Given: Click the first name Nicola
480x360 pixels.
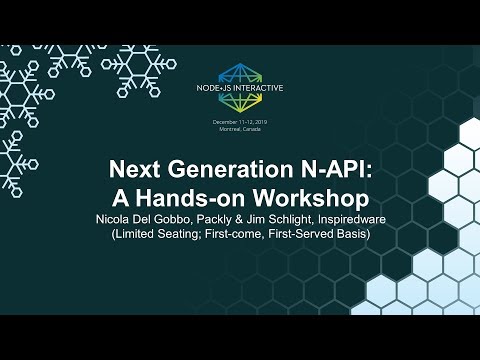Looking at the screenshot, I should (116, 218).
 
